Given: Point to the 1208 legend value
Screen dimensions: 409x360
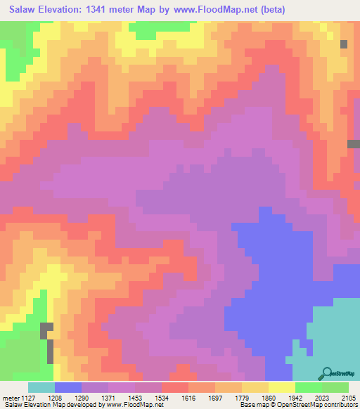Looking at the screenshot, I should pyautogui.click(x=68, y=396).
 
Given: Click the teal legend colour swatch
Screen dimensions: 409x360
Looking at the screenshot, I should pyautogui.click(x=41, y=387).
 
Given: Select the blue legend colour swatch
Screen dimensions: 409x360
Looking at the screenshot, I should pyautogui.click(x=67, y=387).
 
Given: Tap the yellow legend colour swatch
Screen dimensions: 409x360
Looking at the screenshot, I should pyautogui.click(x=281, y=387).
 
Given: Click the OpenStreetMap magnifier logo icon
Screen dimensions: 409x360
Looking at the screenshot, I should pyautogui.click(x=326, y=373).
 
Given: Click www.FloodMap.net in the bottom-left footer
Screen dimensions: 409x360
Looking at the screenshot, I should pyautogui.click(x=137, y=405).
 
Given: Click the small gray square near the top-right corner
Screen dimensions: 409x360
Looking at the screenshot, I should pyautogui.click(x=344, y=44).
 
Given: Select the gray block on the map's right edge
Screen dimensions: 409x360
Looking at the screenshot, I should pyautogui.click(x=354, y=144).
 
